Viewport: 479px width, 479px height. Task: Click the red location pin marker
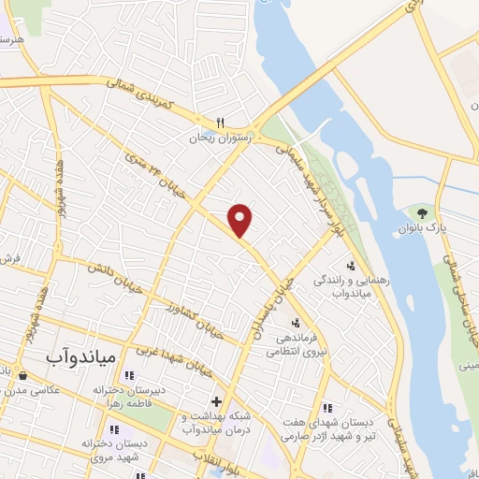point(240,219)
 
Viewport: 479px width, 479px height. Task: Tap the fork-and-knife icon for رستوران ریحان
point(221,122)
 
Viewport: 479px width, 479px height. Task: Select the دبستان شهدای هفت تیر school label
point(346,428)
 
